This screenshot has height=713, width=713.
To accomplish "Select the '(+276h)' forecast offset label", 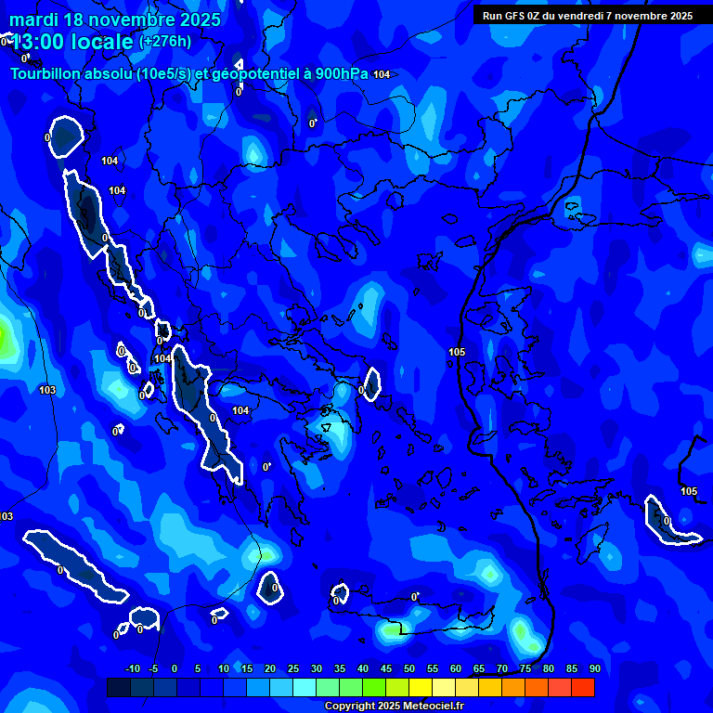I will point(165,42).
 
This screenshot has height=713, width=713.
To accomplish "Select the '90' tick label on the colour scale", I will point(594,669).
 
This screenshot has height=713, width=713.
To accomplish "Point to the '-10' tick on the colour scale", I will point(132,669).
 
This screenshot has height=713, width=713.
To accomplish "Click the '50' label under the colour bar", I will point(408,669).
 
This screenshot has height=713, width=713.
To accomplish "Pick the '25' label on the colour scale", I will point(292,669).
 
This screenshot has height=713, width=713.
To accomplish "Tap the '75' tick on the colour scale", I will point(525,669).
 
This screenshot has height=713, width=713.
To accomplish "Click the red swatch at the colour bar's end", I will point(582,687).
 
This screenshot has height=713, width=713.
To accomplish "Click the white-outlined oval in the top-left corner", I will point(65,136).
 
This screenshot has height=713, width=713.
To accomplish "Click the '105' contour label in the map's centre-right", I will point(457,352).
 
